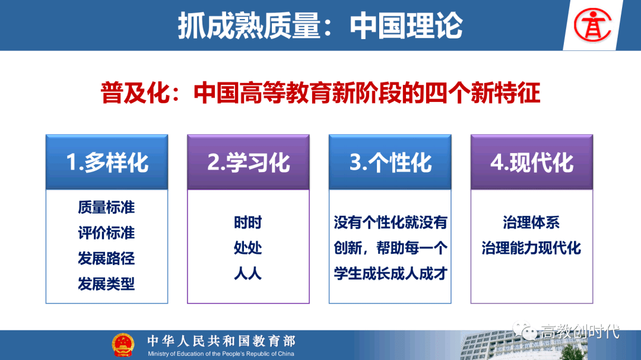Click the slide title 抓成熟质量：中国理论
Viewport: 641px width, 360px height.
(x=320, y=26)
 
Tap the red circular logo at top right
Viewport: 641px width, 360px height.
(x=592, y=26)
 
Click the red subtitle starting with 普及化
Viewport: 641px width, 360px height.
(x=320, y=93)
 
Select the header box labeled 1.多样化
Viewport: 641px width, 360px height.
(x=107, y=162)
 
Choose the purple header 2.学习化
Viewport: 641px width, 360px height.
(x=248, y=162)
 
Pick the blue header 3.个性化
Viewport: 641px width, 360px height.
(x=390, y=162)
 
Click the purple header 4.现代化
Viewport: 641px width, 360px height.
(x=531, y=162)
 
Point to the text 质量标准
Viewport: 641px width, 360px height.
(x=106, y=208)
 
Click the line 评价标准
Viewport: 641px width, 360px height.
(x=106, y=233)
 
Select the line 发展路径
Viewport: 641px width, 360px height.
(x=106, y=258)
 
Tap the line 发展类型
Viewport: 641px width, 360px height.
(x=106, y=283)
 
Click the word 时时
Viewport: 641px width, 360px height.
(x=247, y=222)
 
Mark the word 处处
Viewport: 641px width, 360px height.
(x=247, y=248)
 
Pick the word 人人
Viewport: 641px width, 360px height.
(x=247, y=273)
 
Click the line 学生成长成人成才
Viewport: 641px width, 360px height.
(x=391, y=273)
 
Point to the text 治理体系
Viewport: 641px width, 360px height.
(x=531, y=222)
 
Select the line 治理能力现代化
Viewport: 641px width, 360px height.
(x=531, y=248)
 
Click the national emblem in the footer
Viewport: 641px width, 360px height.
(x=123, y=345)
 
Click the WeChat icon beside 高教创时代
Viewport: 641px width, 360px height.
(x=525, y=330)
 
